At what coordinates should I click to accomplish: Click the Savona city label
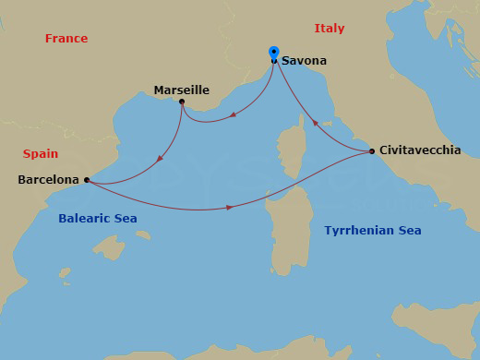(x=304, y=61)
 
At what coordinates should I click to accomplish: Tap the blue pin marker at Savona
(x=273, y=53)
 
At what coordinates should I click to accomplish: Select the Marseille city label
(x=182, y=90)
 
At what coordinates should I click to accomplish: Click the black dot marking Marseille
(x=182, y=102)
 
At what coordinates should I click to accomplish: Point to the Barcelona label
(x=49, y=180)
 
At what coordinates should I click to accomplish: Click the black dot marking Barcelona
(x=86, y=180)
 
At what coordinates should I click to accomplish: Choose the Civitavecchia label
(x=420, y=150)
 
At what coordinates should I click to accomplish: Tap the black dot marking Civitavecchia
(x=371, y=150)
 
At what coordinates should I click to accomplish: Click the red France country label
(x=66, y=39)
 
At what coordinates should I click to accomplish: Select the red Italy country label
(x=329, y=29)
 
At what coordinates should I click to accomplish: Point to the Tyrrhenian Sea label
(x=373, y=230)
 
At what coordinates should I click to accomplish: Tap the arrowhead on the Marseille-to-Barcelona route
(x=161, y=158)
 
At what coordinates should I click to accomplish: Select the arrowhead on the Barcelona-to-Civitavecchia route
(x=229, y=209)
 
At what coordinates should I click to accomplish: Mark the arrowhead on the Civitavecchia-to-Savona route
(x=314, y=122)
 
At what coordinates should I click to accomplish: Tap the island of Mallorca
(x=111, y=247)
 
